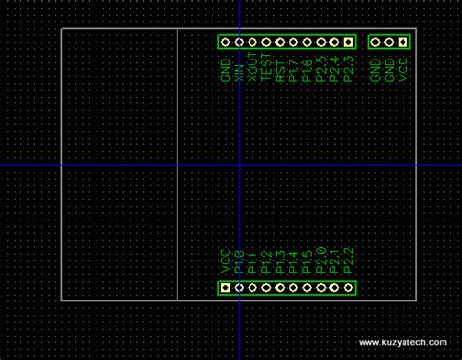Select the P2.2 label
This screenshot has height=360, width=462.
pyautogui.click(x=348, y=260)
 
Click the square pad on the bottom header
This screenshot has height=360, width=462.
pyautogui.click(x=225, y=287)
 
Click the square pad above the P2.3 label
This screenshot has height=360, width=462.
pyautogui.click(x=348, y=42)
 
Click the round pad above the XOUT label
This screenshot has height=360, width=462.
pyautogui.click(x=252, y=42)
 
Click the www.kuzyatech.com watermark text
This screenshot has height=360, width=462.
pyautogui.click(x=403, y=343)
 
